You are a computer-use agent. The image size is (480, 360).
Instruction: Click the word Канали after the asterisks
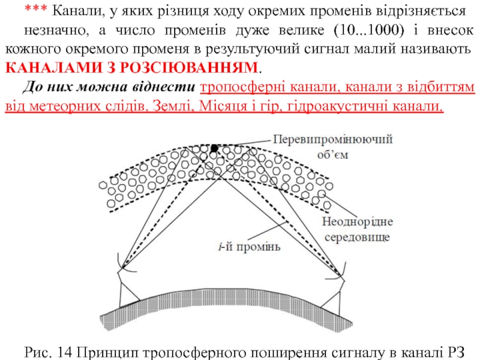coord(71,11)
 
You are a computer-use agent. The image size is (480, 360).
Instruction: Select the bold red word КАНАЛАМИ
coord(52,66)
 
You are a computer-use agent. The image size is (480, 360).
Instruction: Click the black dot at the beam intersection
coord(214,148)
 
